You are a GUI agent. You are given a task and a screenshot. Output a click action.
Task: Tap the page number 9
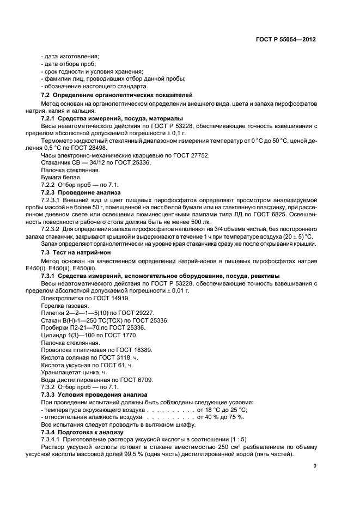click(314, 465)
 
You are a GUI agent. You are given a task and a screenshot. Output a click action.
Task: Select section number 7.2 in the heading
click(46, 95)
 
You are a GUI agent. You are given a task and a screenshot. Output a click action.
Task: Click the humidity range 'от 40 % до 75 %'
click(221, 417)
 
